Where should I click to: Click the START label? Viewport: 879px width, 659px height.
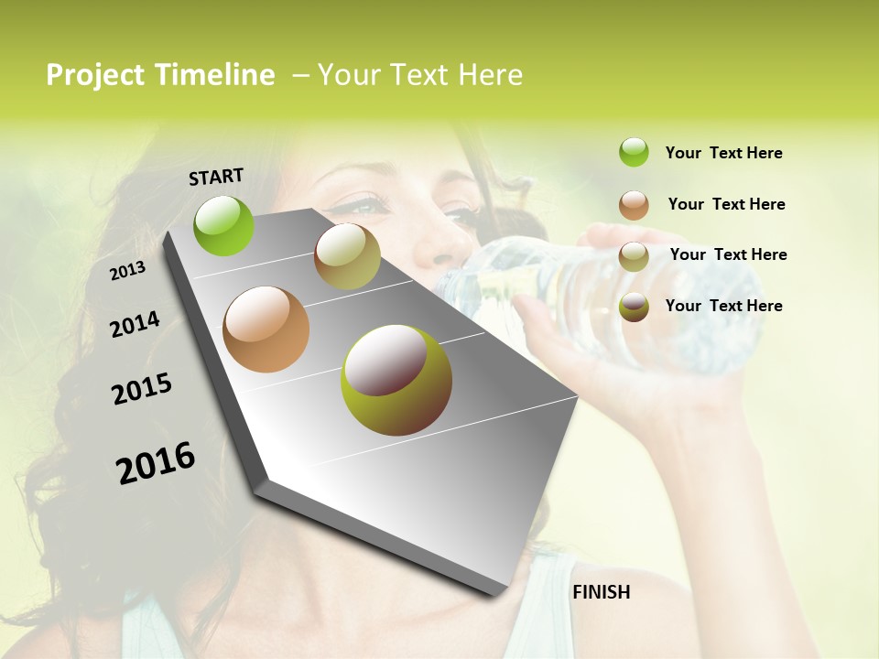click(216, 177)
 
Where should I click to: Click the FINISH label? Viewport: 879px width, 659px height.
click(602, 592)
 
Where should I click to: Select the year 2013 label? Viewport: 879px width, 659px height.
click(127, 271)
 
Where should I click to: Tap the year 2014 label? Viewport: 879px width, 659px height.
click(135, 324)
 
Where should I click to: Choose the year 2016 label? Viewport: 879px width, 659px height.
click(156, 462)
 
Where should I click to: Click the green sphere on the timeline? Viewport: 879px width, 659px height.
click(224, 225)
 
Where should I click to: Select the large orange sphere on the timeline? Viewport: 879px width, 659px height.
click(266, 329)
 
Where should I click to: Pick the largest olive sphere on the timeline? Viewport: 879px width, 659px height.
click(396, 380)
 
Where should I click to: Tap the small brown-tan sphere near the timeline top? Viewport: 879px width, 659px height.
click(347, 255)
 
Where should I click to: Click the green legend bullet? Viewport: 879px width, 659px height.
click(634, 152)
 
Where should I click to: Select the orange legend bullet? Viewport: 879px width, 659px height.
click(634, 205)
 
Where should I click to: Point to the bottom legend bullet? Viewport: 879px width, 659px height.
click(634, 307)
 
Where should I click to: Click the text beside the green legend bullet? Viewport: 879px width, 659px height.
click(723, 153)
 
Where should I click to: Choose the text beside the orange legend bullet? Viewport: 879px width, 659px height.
click(726, 204)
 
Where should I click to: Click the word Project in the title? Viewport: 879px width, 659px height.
click(96, 75)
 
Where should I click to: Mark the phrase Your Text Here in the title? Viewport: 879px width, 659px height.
click(420, 75)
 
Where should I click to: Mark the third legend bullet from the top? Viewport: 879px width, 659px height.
click(634, 256)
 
